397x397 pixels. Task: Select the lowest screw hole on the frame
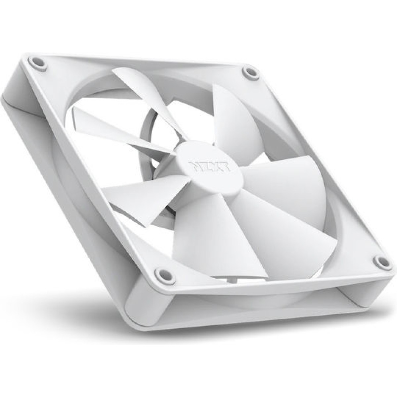[x=160, y=273]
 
